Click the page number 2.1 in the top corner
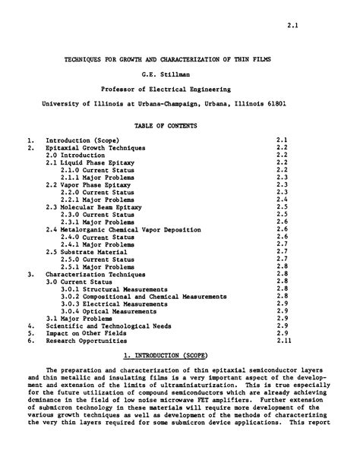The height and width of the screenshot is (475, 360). [x=292, y=26]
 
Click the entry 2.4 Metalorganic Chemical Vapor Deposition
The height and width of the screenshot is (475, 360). [x=124, y=228]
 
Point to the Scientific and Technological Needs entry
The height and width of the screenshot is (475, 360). [x=102, y=326]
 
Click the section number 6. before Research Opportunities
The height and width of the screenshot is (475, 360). [x=29, y=341]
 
